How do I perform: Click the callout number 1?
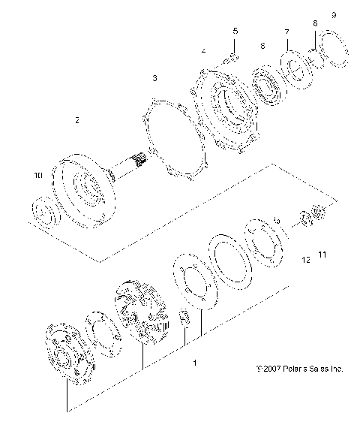pyautogui.click(x=196, y=363)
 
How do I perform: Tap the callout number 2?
pyautogui.click(x=77, y=120)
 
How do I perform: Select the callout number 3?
pyautogui.click(x=154, y=78)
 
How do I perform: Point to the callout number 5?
pyautogui.click(x=235, y=31)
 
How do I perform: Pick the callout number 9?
pyautogui.click(x=334, y=15)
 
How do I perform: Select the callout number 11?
pyautogui.click(x=323, y=255)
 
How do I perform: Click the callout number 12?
pyautogui.click(x=304, y=260)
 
